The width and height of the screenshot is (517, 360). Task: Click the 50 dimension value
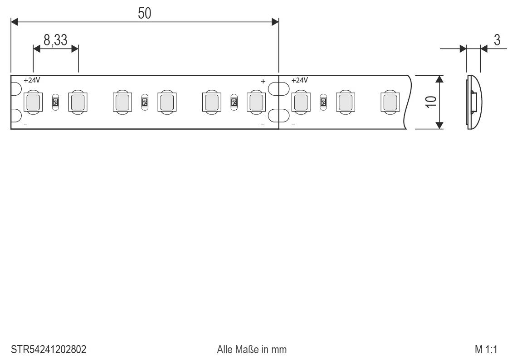point(145,14)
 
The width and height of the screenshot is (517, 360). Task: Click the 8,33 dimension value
point(55,40)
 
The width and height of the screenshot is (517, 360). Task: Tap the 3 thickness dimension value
point(497,40)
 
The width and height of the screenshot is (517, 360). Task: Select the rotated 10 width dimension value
point(431,102)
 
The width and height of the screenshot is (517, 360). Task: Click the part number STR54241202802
point(49,350)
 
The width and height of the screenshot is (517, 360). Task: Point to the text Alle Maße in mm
point(252,350)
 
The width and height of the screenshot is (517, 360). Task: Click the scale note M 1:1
point(486,350)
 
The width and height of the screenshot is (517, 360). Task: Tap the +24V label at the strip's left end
point(32,80)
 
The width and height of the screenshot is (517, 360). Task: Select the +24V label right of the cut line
point(299,80)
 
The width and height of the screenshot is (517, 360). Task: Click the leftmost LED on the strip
point(33,102)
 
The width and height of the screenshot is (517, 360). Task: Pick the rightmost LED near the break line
point(389,102)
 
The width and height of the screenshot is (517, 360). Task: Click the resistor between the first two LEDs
point(55,102)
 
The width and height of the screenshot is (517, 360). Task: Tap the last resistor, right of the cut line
point(323,102)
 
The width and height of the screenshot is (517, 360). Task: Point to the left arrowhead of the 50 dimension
point(15,21)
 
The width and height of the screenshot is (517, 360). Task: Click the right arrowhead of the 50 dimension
point(275,21)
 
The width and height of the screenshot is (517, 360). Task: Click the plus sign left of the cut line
point(263,82)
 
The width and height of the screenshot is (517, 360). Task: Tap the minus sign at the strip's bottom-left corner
point(25,123)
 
